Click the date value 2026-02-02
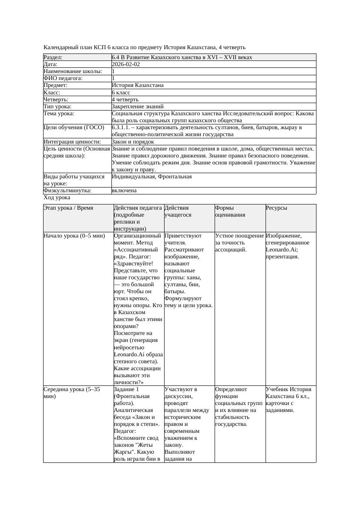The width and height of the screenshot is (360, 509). (x=126, y=64)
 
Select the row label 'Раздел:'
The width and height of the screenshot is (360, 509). (x=53, y=57)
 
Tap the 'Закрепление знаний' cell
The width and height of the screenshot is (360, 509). (x=138, y=107)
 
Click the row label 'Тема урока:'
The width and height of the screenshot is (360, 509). (x=59, y=114)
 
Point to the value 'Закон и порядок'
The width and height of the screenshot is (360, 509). (x=133, y=142)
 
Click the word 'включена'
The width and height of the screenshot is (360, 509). (x=124, y=191)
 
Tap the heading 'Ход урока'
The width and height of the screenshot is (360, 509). (x=57, y=198)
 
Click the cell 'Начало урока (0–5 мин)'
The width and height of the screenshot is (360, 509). (x=74, y=236)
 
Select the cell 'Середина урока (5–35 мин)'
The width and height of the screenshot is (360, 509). (x=72, y=393)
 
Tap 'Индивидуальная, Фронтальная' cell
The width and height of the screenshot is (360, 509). (x=151, y=177)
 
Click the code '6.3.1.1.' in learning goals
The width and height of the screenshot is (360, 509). (x=122, y=128)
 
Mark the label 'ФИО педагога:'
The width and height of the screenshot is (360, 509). (x=63, y=78)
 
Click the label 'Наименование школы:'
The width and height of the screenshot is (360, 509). (x=73, y=71)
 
